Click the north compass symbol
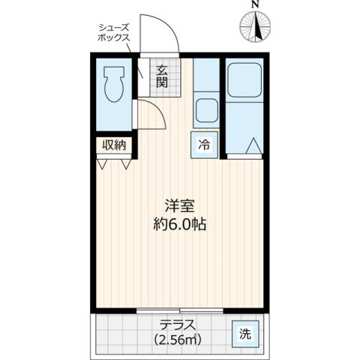[255, 28]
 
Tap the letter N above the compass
[255, 6]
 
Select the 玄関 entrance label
[162, 76]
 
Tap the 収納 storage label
[114, 145]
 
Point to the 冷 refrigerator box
[204, 145]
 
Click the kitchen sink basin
[205, 111]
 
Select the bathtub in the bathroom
[244, 80]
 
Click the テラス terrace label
[178, 325]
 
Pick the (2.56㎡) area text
[178, 339]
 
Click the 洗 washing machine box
[244, 334]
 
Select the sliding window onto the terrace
[180, 310]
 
